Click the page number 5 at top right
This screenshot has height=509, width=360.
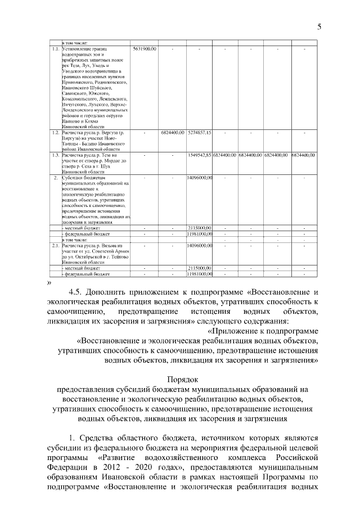[x=319, y=26]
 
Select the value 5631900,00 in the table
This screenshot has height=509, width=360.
[x=145, y=49]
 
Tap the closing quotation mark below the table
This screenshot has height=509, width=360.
[x=50, y=282]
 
